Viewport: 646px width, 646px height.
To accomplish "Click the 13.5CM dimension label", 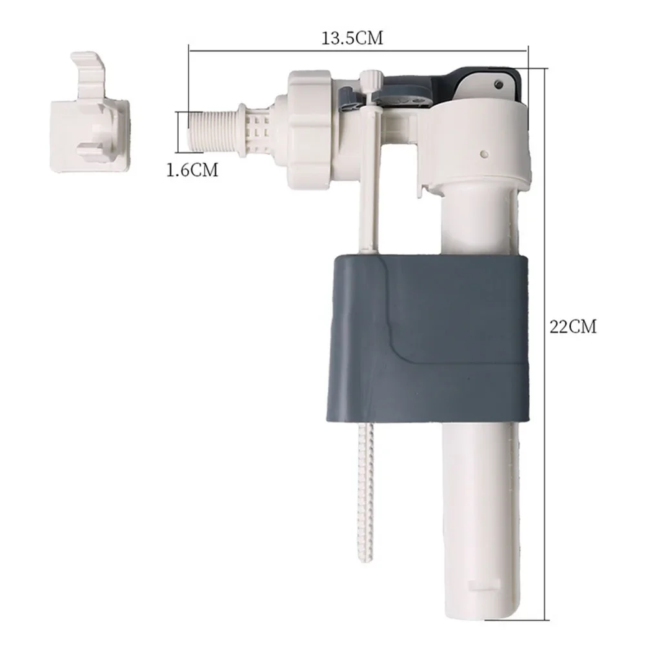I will coord(352,38).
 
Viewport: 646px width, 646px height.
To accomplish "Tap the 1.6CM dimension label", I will coord(191,170).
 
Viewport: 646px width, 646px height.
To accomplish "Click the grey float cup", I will coord(429,336).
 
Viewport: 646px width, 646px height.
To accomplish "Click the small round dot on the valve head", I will coord(485,154).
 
